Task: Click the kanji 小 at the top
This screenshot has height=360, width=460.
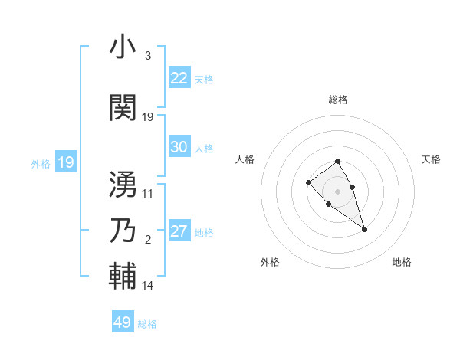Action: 123,47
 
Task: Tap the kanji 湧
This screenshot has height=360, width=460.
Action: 123,185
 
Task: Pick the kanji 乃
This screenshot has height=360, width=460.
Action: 123,231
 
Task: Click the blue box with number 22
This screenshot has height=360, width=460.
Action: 179,78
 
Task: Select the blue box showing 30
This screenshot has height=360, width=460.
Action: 179,148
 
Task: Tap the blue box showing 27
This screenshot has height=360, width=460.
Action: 179,232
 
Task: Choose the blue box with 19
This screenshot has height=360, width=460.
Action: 66,162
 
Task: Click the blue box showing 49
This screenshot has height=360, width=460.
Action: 123,322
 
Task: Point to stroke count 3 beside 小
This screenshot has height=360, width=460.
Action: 147,56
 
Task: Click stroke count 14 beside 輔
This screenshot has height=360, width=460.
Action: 147,286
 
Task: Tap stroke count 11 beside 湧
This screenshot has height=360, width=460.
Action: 147,193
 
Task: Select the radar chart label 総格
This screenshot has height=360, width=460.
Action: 338,100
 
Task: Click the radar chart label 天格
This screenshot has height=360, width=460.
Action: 431,159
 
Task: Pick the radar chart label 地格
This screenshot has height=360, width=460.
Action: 402,262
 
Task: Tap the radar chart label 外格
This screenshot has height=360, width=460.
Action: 270,262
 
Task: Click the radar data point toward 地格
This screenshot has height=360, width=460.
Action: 364,229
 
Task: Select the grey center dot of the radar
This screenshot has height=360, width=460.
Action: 338,191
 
